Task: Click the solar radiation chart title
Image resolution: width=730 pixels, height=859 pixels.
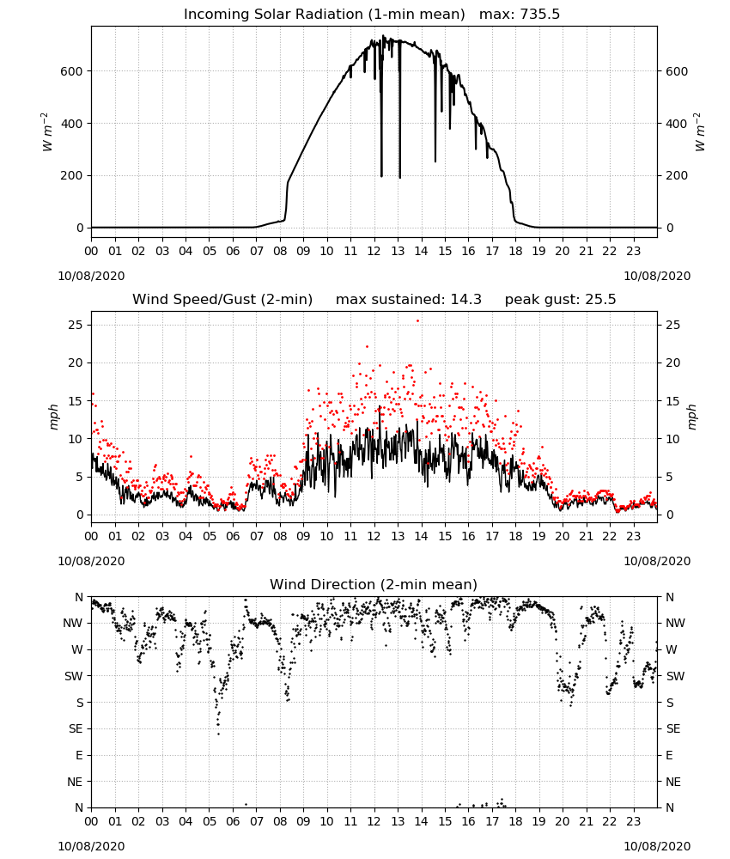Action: pyautogui.click(x=372, y=14)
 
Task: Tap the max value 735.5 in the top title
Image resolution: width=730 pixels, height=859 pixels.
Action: pyautogui.click(x=540, y=14)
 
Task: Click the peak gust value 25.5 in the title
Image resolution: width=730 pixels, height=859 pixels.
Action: pyautogui.click(x=600, y=299)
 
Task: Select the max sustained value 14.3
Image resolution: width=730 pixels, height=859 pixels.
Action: pyautogui.click(x=466, y=299)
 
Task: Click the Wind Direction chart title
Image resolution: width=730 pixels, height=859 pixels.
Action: pyautogui.click(x=374, y=584)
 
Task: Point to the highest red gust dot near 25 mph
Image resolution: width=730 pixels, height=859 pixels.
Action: pyautogui.click(x=418, y=321)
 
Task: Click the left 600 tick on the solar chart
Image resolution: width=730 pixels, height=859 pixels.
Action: pyautogui.click(x=72, y=71)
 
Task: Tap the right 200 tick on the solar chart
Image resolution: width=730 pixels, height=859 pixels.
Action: pyautogui.click(x=677, y=176)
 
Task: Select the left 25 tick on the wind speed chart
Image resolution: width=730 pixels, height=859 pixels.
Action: pyautogui.click(x=76, y=325)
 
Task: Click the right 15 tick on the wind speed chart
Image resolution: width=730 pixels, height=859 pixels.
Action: pyautogui.click(x=672, y=401)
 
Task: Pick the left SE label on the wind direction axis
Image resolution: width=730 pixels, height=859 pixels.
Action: pyautogui.click(x=76, y=728)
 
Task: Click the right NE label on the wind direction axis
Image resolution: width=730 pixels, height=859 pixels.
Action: pyautogui.click(x=673, y=782)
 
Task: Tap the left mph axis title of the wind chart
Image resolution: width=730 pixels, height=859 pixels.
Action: pyautogui.click(x=53, y=417)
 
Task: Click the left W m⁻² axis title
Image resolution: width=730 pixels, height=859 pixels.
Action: pyautogui.click(x=47, y=132)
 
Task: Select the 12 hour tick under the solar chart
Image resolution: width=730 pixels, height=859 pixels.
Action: pyautogui.click(x=374, y=252)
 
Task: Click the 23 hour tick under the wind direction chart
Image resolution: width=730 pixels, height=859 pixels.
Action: pyautogui.click(x=633, y=822)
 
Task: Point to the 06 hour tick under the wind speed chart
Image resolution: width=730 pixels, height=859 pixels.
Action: pyautogui.click(x=233, y=536)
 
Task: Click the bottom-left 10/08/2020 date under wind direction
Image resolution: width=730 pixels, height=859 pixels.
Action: pyautogui.click(x=91, y=846)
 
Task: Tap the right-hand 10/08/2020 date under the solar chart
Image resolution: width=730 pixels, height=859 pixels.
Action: pyautogui.click(x=657, y=276)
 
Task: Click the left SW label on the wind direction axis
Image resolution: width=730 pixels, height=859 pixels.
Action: pyautogui.click(x=74, y=676)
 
